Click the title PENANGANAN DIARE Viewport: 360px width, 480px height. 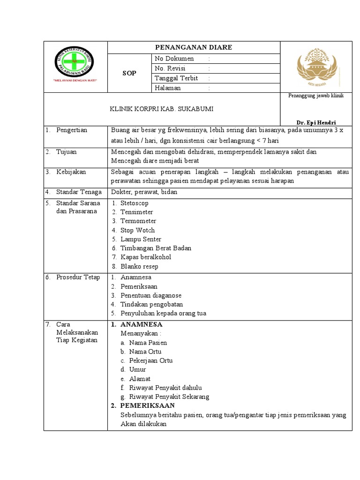[x=194, y=47]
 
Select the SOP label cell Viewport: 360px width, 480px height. [x=129, y=74]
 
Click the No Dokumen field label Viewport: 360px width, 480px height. [x=174, y=59]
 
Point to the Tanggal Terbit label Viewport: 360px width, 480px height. [x=176, y=78]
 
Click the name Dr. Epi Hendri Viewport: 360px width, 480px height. [x=319, y=122]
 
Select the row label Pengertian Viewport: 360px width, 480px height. [x=72, y=130]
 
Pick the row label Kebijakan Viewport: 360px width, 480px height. [x=71, y=172]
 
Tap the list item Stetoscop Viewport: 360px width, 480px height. [x=134, y=203]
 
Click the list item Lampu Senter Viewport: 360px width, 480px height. [x=140, y=239]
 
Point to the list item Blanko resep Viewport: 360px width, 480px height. [x=139, y=266]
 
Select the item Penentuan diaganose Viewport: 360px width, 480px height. [x=150, y=295]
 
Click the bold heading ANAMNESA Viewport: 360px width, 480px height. [x=141, y=324]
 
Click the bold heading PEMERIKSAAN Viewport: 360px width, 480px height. [x=147, y=405]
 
